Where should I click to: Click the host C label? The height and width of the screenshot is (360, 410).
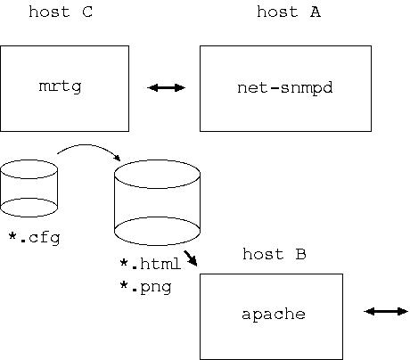coord(61,12)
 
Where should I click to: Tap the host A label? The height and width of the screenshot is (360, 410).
coord(289,12)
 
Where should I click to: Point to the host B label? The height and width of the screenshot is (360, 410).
coord(275,254)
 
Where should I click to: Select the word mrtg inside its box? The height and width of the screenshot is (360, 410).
coord(60,86)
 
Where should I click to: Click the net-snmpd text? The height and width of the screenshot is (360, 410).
coord(285,88)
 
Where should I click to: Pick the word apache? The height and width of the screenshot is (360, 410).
coord(274,315)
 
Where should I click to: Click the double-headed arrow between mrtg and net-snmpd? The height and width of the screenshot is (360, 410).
coord(167,87)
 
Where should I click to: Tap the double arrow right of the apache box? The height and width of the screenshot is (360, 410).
coord(386,311)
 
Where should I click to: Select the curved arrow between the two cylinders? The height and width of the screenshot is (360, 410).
coord(87,145)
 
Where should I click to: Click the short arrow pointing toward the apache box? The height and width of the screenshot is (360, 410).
coord(191,258)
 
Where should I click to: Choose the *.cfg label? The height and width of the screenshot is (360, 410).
coord(34,238)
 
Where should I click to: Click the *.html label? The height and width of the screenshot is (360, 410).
coord(150,264)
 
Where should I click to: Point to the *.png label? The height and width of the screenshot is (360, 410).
coord(145,287)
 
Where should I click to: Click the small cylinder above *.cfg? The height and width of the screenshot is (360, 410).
coord(29,188)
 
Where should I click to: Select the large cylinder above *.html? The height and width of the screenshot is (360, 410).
coord(157,202)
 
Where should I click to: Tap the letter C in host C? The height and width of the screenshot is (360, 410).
coord(87,12)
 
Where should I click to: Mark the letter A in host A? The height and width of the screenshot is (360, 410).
coord(316,12)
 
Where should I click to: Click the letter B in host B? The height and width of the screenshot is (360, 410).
coord(300,254)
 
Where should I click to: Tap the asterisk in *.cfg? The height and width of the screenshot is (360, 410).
coord(12,236)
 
